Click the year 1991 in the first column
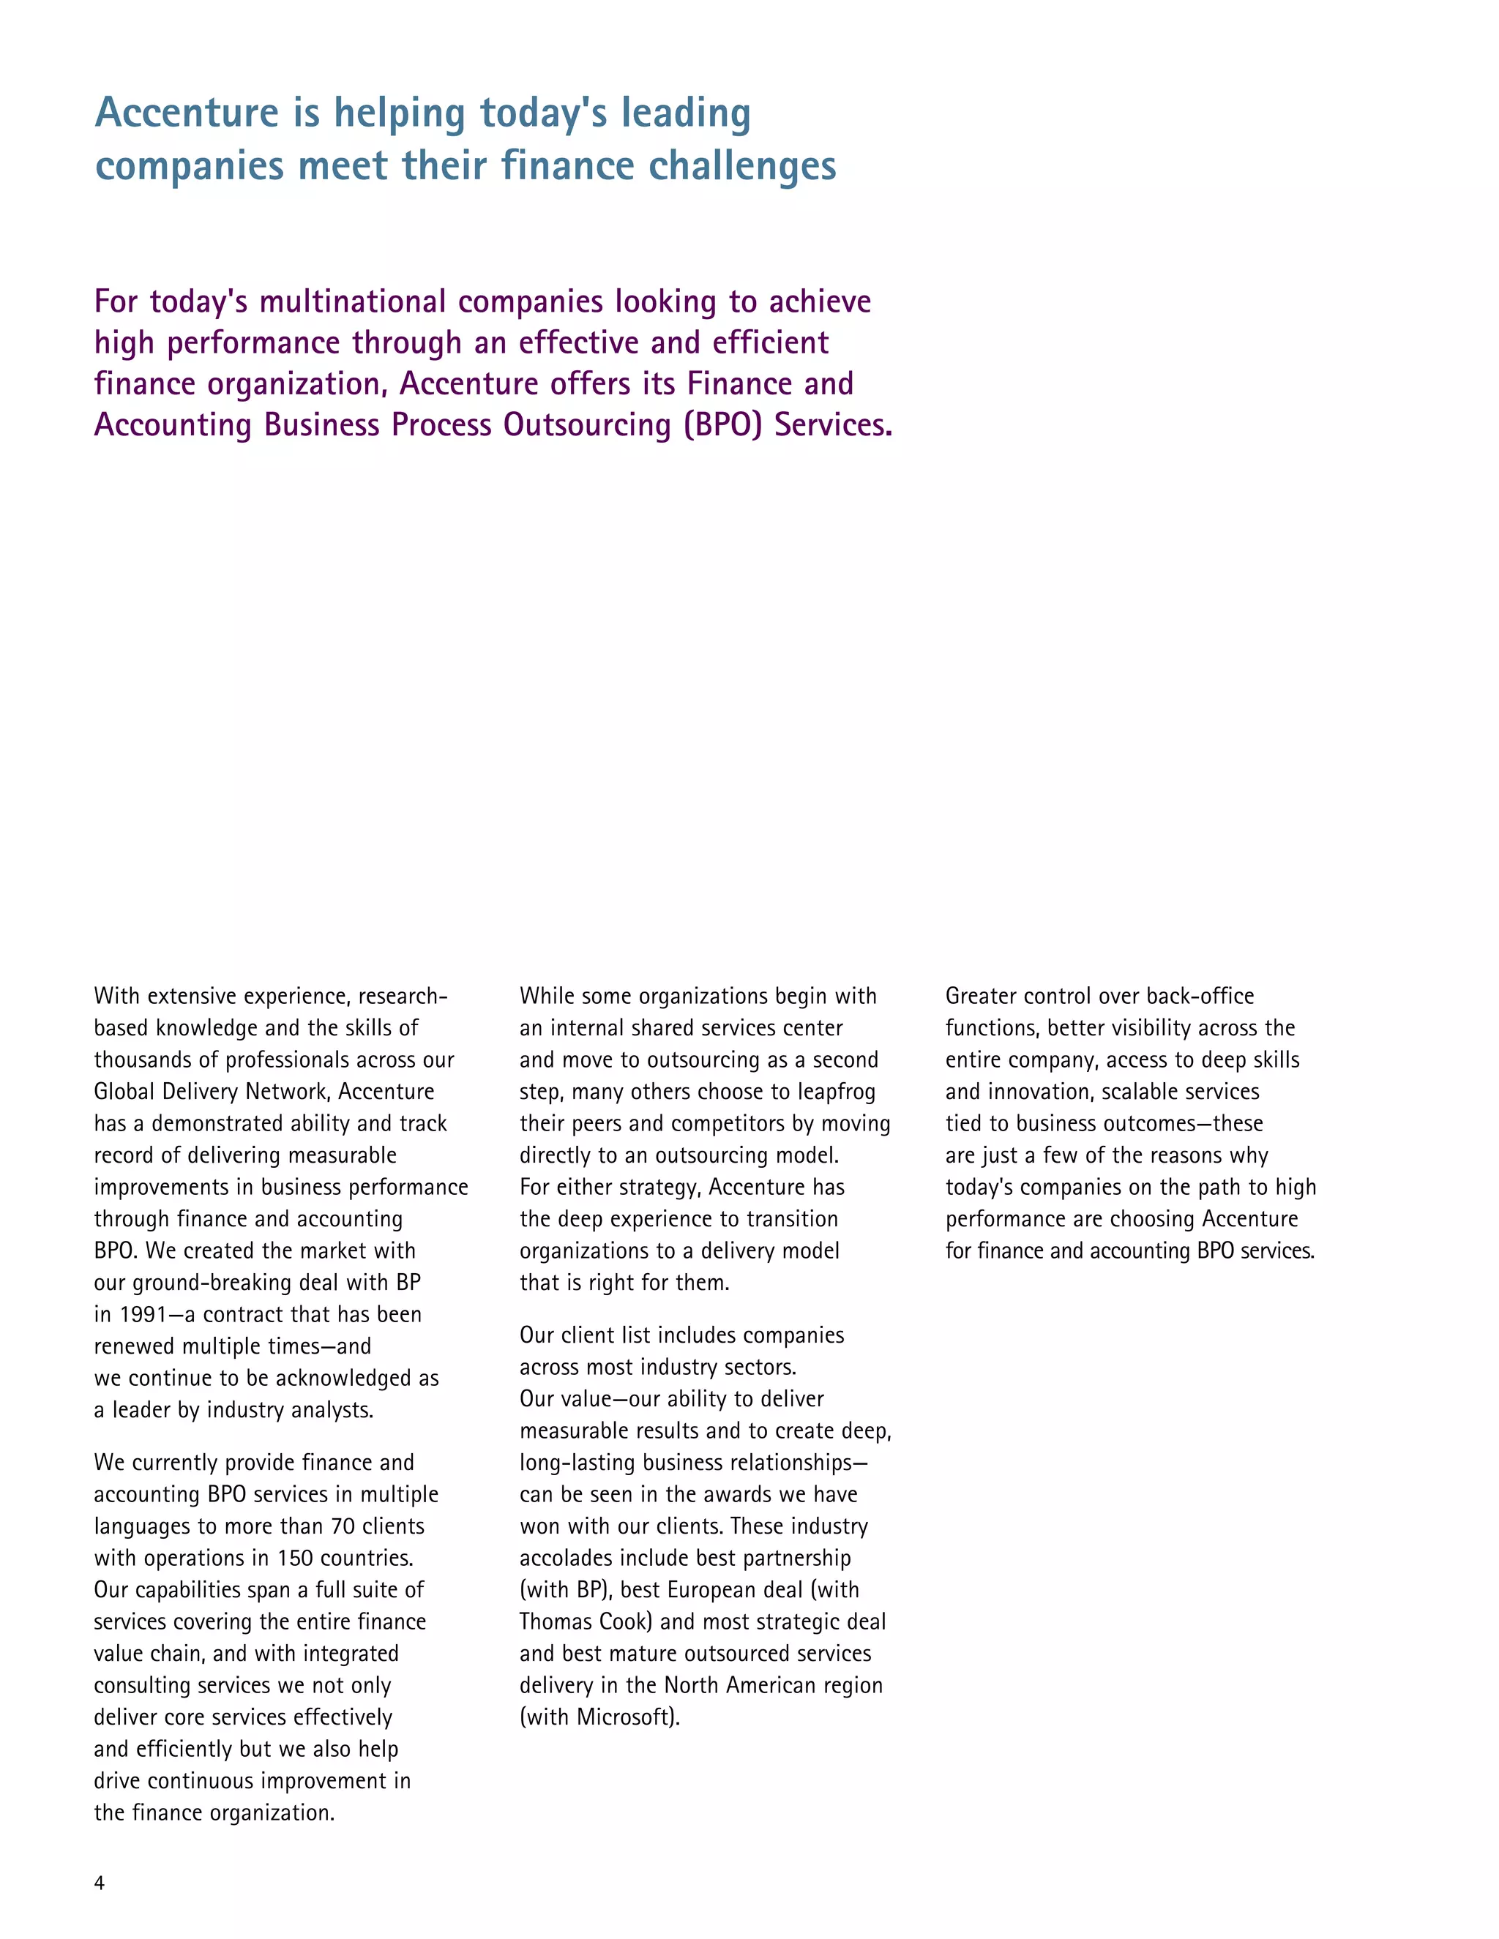(x=143, y=1315)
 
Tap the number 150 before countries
(x=295, y=1558)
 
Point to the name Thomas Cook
(x=586, y=1622)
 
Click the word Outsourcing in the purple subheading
(x=587, y=424)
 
